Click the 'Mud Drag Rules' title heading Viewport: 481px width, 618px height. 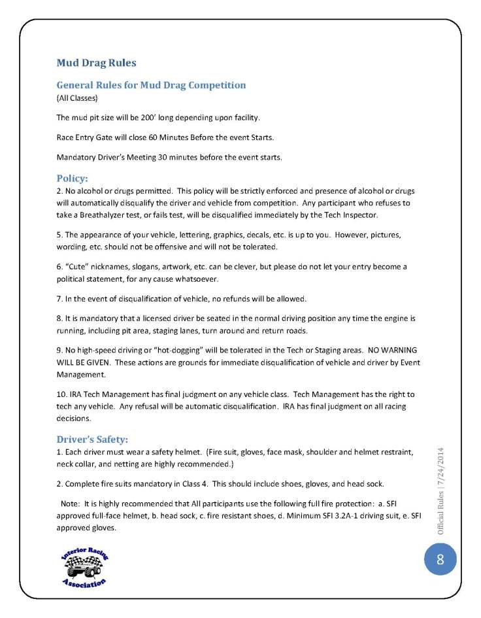97,63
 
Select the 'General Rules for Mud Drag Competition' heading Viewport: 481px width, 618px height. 151,85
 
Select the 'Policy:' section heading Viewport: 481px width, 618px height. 72,177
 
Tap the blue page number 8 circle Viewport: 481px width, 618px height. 440,559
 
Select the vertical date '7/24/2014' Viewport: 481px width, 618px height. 440,471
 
